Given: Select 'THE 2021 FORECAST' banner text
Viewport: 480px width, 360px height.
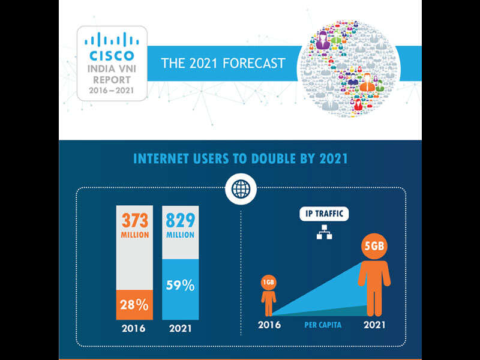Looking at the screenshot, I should tap(223, 63).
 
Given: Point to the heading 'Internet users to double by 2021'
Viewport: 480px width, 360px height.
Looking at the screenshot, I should tap(240, 159).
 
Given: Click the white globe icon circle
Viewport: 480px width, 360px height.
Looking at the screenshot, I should tap(240, 190).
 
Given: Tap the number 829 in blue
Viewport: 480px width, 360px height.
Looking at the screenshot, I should tap(181, 220).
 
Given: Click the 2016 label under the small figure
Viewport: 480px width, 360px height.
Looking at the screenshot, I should tap(269, 325).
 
